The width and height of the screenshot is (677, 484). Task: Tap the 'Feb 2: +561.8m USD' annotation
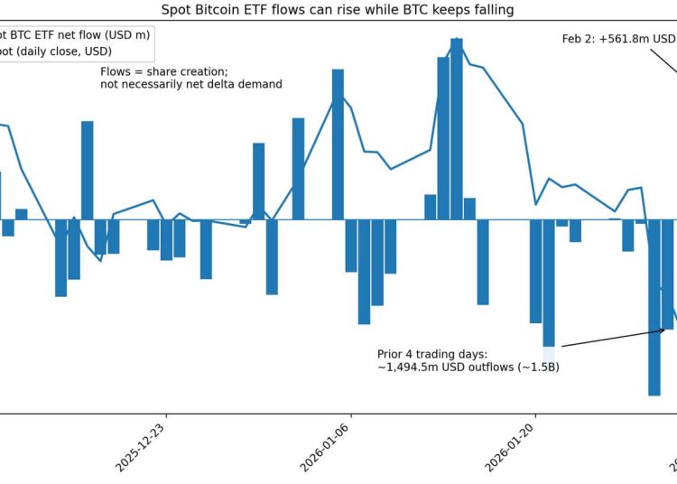pos(617,39)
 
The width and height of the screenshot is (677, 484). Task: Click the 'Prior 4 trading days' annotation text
pos(432,353)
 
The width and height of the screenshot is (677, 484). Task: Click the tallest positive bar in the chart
pos(457,126)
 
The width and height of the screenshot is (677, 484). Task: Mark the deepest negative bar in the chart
pos(654,307)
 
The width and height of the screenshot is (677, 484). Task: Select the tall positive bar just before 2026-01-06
pos(338,144)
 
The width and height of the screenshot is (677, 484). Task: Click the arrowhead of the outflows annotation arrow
pos(664,330)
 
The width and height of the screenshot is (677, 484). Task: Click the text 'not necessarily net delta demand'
pos(191,84)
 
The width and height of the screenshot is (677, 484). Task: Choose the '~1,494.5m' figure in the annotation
pos(411,368)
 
